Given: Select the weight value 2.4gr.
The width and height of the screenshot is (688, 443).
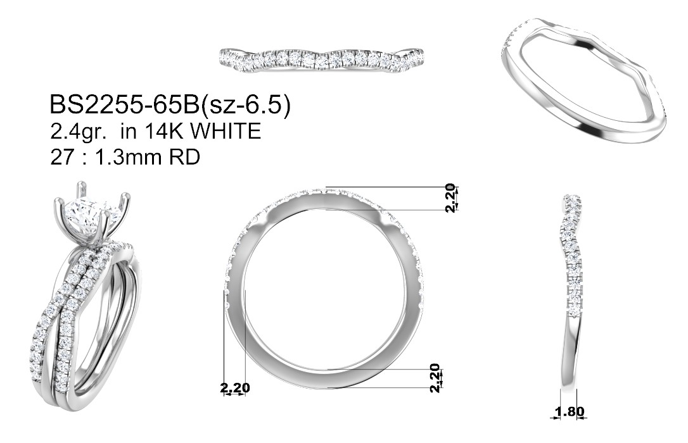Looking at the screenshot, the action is [x=78, y=132].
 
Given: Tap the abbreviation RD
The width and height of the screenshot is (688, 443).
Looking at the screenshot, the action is [x=185, y=157].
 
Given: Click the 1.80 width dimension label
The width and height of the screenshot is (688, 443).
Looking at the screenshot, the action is [x=570, y=411].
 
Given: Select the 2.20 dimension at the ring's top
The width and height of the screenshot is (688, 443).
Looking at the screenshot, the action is [x=450, y=197].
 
